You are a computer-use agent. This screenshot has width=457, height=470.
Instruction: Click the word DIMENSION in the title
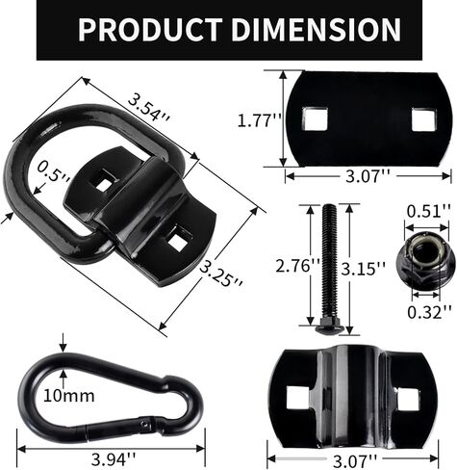tap(313, 30)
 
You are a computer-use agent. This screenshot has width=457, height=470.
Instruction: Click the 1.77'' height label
tap(257, 120)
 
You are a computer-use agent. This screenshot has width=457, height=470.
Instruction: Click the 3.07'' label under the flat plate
tap(368, 176)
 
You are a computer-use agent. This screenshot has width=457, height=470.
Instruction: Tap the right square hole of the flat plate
tap(423, 119)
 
